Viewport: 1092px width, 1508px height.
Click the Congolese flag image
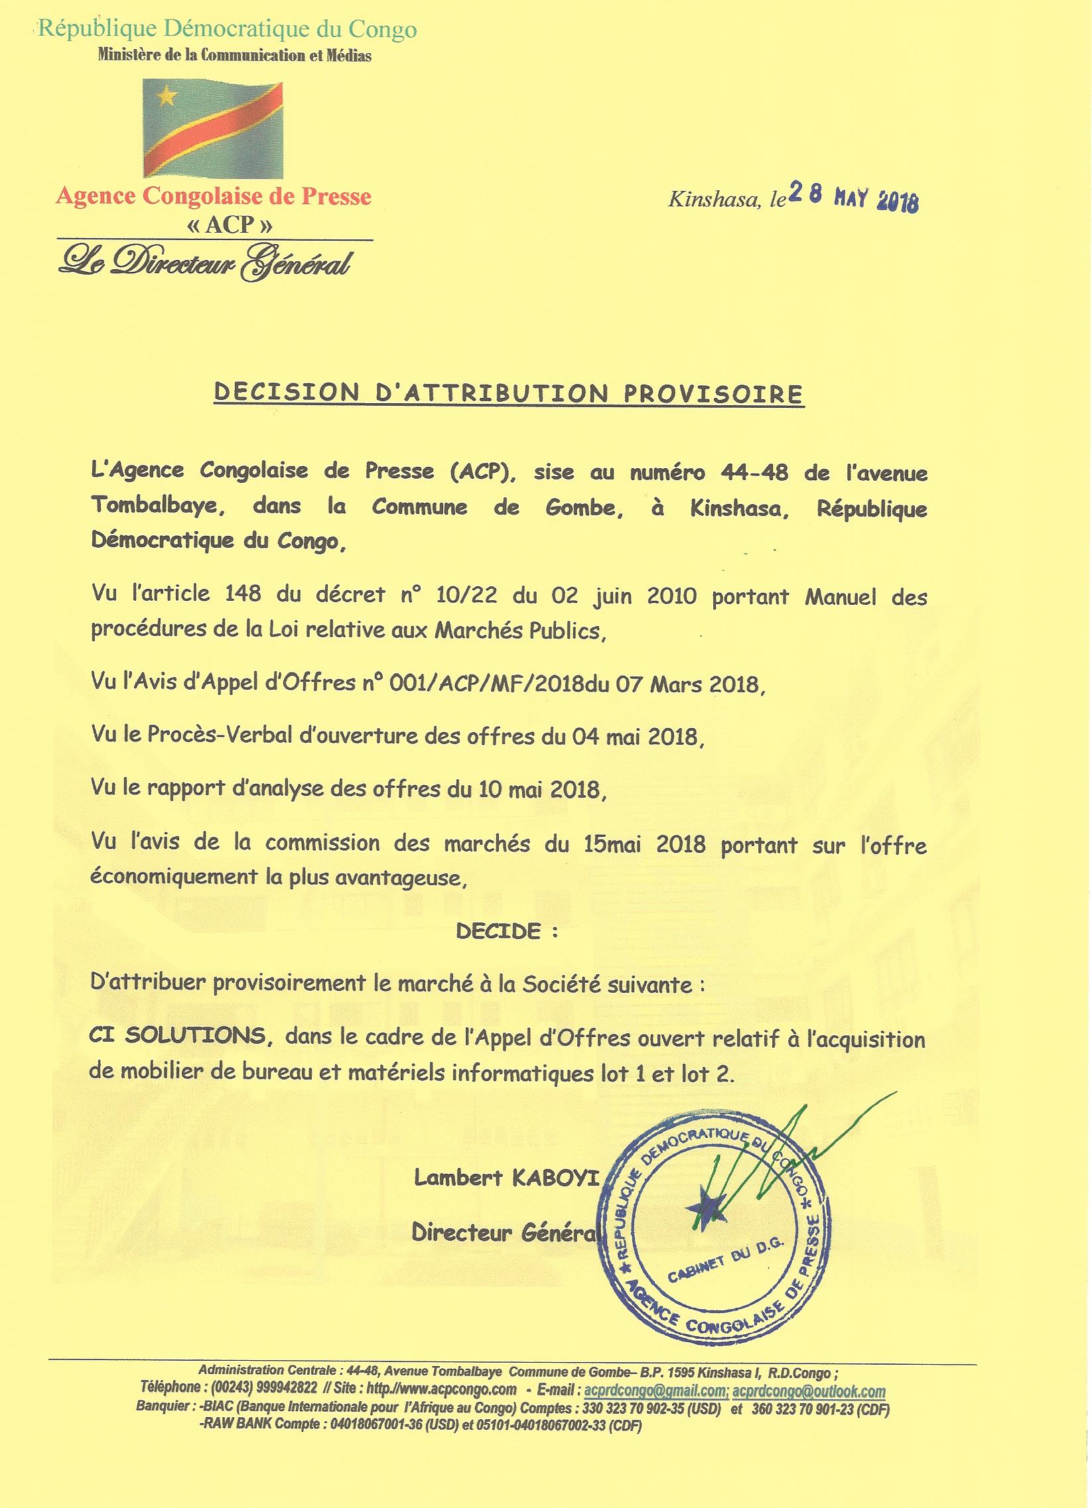click(x=213, y=129)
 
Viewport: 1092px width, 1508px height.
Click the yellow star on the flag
click(x=167, y=97)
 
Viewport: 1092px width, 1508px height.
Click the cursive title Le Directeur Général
click(x=205, y=264)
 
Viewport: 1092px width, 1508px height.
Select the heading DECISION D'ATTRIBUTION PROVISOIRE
click(x=509, y=393)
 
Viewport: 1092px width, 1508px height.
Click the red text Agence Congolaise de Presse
click(x=214, y=197)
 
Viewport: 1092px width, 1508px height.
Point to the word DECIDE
click(x=499, y=932)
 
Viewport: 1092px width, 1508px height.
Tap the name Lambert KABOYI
click(x=506, y=1178)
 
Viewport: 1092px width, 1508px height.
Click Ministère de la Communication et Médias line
click(x=234, y=56)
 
